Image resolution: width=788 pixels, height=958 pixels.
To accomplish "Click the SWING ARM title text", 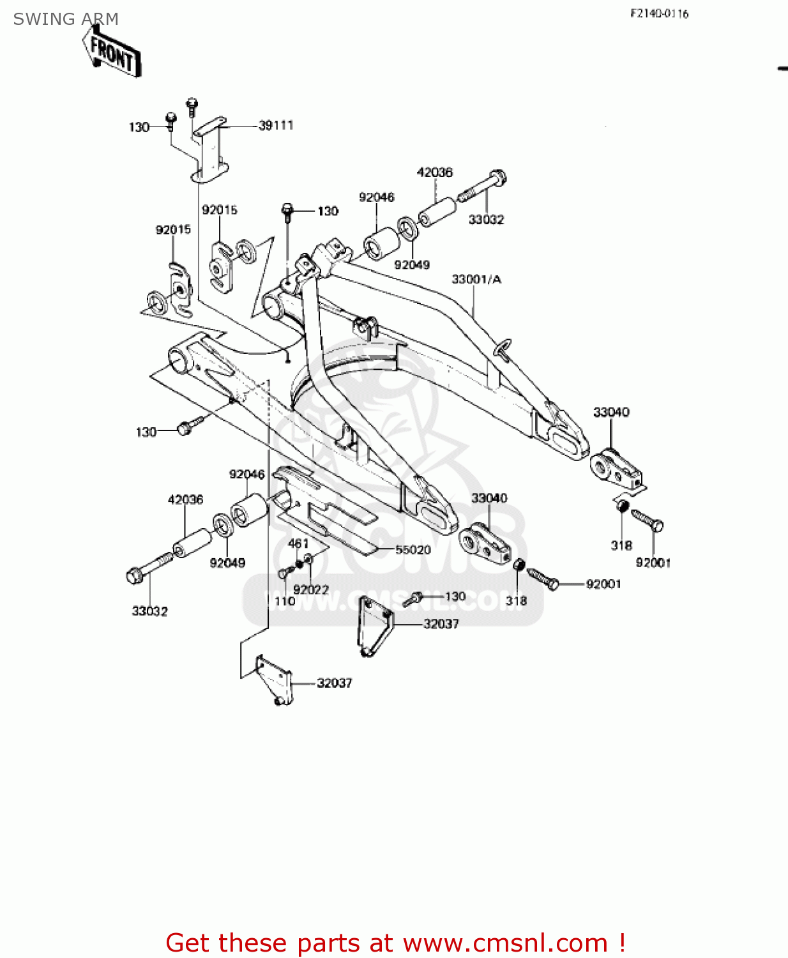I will click(66, 19).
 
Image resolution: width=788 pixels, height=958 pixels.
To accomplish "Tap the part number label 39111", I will click(276, 125).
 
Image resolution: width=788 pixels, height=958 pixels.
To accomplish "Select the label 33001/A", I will click(476, 279).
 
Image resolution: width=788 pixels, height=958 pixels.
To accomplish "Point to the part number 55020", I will click(413, 550).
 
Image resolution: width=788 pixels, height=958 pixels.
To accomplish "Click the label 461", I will click(298, 544).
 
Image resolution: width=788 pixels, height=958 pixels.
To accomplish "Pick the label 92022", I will click(311, 589).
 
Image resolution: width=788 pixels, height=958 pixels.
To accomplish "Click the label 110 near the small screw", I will click(285, 601).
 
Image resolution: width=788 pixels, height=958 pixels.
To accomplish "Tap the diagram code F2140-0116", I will click(660, 13).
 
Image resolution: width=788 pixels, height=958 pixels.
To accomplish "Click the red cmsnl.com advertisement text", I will click(395, 943).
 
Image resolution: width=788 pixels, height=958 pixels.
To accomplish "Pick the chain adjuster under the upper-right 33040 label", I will click(616, 469).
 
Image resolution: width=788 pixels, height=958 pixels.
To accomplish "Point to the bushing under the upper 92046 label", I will click(381, 245).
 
